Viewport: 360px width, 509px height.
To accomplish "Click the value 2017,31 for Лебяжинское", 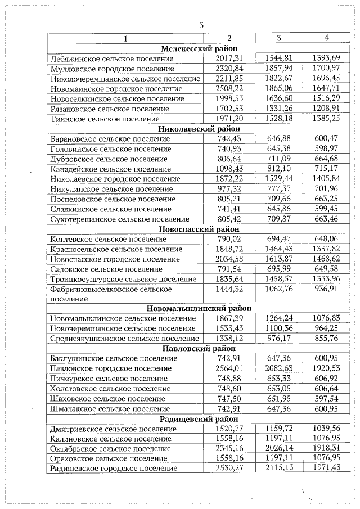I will (229, 58).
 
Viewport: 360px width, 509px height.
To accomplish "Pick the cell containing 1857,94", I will (279, 68).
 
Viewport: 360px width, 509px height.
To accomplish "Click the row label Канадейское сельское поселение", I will (110, 169).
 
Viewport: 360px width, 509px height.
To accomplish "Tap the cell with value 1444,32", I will (229, 289).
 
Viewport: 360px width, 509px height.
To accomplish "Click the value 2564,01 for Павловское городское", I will (229, 368).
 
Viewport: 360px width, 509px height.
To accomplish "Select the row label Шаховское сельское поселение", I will (106, 398).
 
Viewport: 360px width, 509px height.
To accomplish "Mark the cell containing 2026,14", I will (279, 449).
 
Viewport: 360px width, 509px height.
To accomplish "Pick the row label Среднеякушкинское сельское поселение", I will (123, 339).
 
